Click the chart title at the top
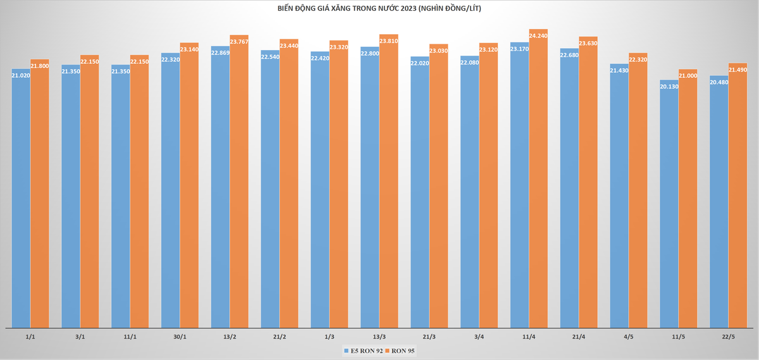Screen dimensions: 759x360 tap(379, 8)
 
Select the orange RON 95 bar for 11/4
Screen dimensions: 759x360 tap(538, 178)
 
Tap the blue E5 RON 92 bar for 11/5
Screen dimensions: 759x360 tap(669, 204)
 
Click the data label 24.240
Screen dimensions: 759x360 tap(538, 35)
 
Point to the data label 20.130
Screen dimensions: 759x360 tap(669, 87)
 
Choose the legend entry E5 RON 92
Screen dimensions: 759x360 tap(363, 351)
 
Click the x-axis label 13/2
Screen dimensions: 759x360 tap(230, 337)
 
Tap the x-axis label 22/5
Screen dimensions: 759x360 tap(728, 337)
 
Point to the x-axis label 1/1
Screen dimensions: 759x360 tap(30, 337)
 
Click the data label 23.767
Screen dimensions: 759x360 tap(239, 42)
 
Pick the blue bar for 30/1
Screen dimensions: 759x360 tap(170, 190)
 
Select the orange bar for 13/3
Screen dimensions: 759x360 tap(388, 181)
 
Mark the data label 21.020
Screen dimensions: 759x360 tap(21, 75)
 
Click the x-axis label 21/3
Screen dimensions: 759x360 tap(429, 337)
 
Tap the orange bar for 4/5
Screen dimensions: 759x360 tap(638, 190)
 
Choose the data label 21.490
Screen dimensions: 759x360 tap(737, 70)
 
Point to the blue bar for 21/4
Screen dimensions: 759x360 tap(569, 188)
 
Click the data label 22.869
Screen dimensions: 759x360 tap(220, 53)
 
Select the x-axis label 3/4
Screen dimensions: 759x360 tap(479, 337)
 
